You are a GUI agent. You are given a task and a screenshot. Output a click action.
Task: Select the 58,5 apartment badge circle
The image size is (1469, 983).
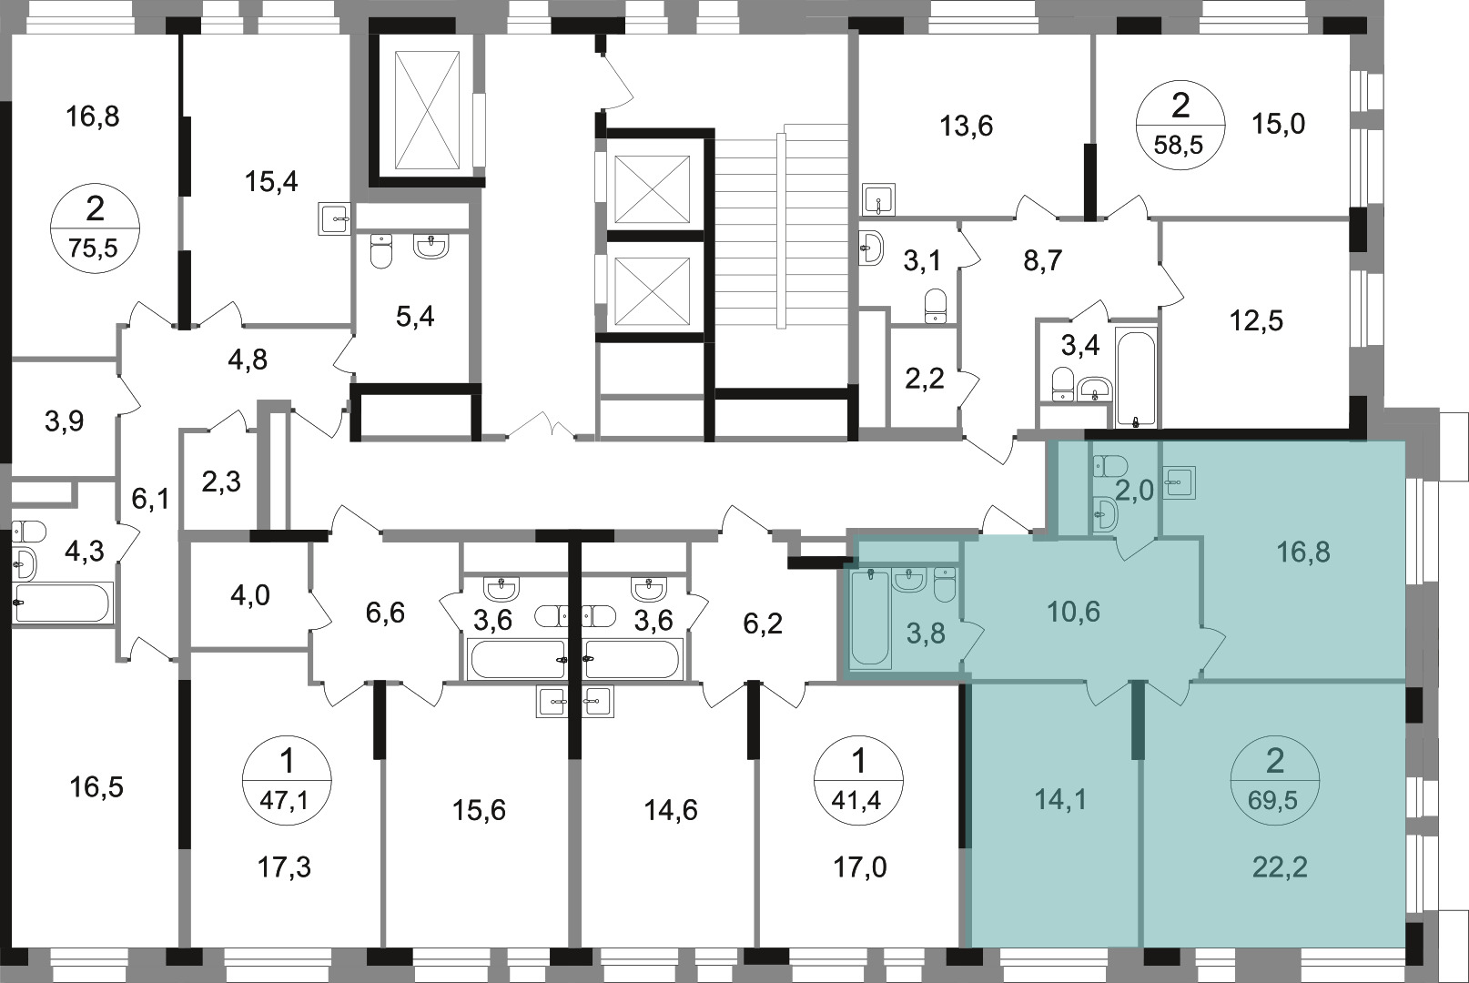[1180, 125]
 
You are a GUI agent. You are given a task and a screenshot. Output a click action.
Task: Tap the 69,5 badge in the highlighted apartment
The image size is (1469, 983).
[1275, 780]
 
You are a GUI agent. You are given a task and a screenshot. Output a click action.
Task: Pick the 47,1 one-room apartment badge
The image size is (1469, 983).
[287, 780]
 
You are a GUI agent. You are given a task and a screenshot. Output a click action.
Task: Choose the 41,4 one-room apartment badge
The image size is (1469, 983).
[858, 780]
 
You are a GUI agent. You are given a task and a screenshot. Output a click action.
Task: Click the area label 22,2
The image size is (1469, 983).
[1280, 867]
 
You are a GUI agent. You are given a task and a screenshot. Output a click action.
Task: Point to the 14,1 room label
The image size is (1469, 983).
[1060, 799]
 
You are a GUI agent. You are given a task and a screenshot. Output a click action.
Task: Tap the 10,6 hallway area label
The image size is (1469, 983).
[1074, 612]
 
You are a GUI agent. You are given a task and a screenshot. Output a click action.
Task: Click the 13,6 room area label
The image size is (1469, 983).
[966, 126]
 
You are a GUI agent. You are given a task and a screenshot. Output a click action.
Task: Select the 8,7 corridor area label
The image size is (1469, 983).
[1043, 261]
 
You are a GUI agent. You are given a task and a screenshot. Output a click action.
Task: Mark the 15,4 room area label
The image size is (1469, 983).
[271, 182]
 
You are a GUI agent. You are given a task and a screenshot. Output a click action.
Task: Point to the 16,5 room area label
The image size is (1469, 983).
[96, 787]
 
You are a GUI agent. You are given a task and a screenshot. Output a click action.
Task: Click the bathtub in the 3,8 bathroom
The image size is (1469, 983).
[869, 619]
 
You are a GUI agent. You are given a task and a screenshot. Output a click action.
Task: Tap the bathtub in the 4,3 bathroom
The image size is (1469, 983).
[63, 602]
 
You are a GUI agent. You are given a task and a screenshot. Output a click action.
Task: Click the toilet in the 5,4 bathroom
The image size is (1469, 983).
[381, 251]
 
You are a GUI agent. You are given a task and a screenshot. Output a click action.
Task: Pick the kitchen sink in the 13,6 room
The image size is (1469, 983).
[879, 198]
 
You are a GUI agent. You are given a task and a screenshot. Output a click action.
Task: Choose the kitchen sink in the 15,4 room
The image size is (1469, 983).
[335, 218]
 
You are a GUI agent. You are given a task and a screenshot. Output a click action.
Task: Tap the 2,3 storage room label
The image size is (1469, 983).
[222, 482]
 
